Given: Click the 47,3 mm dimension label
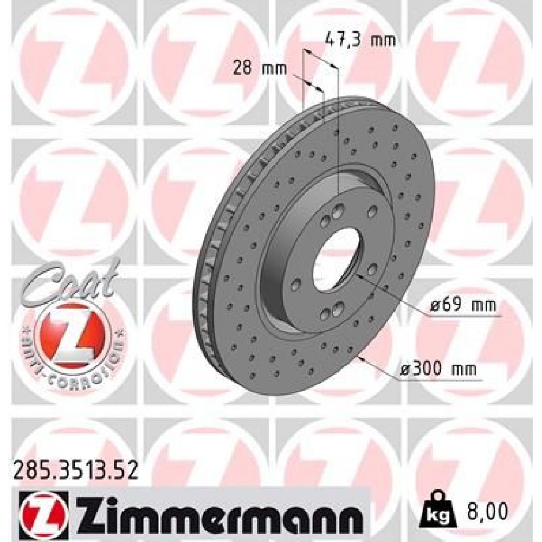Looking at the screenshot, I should pos(359,39).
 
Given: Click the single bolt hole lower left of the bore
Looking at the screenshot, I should pos(297,283).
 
